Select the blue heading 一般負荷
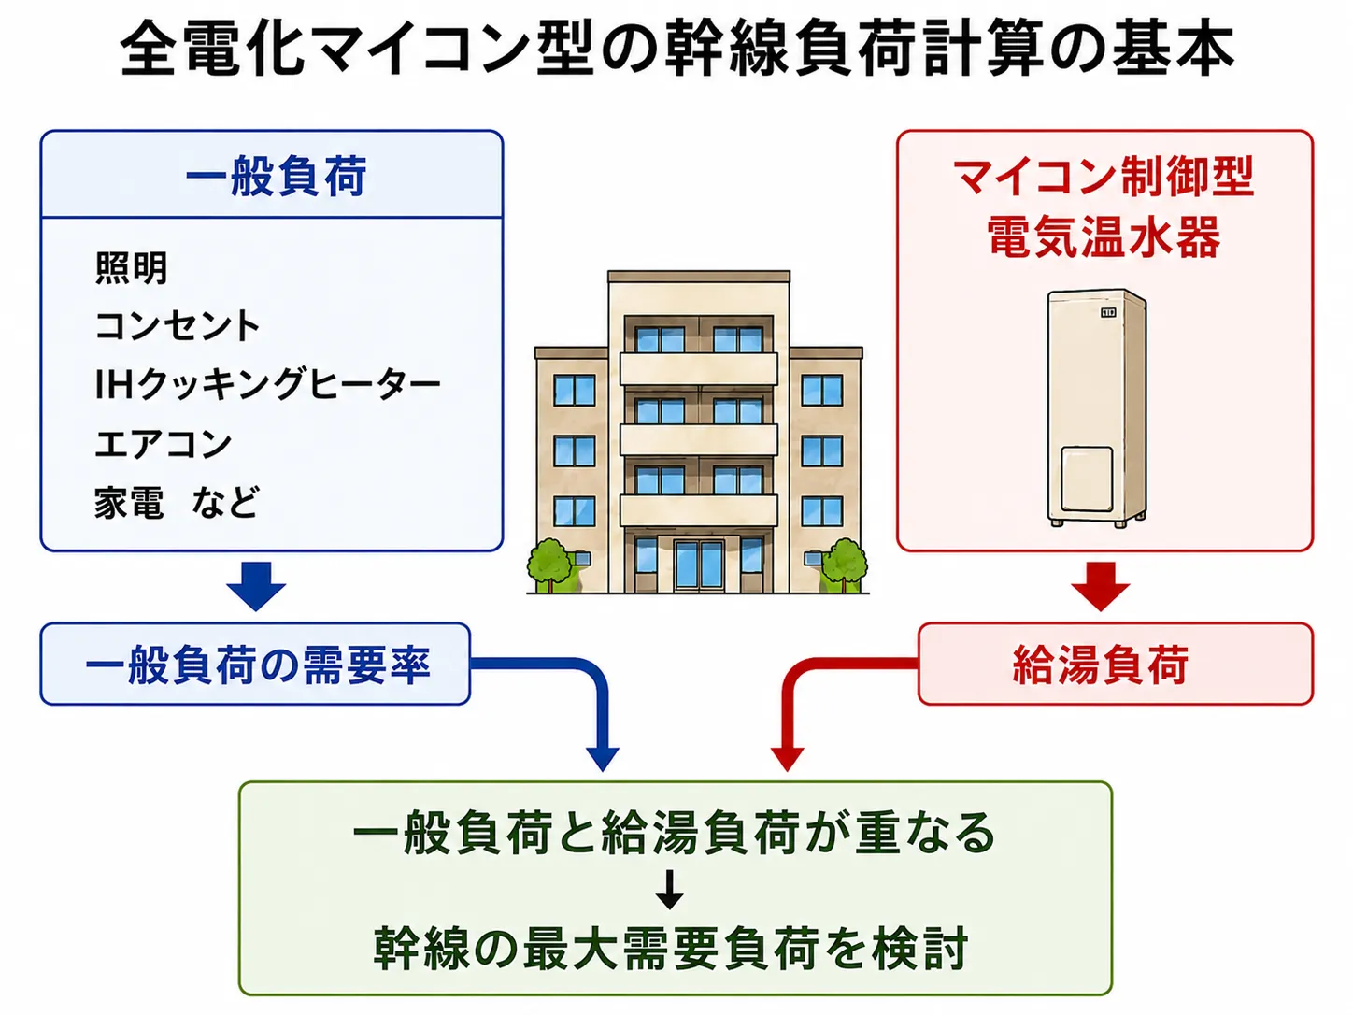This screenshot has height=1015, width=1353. (x=277, y=177)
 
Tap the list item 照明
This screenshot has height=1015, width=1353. (x=132, y=268)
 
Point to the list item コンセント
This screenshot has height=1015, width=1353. (x=178, y=325)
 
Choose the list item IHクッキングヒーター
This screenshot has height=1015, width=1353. (x=268, y=384)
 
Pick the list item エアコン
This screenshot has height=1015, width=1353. (x=164, y=443)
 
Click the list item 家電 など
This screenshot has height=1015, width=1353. (x=177, y=502)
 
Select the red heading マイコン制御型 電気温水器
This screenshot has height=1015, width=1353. (x=1104, y=207)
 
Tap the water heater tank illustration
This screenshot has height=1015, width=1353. (x=1097, y=408)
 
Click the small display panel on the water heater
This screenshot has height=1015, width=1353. (x=1108, y=312)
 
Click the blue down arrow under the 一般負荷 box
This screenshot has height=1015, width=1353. (x=256, y=585)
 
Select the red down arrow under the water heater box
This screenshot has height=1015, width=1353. (x=1101, y=585)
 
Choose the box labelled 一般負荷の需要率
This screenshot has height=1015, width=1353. (x=255, y=664)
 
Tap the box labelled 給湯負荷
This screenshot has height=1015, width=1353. (x=1116, y=664)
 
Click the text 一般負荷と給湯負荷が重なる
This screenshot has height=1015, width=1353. (x=675, y=833)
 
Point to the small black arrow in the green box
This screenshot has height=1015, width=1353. (x=669, y=889)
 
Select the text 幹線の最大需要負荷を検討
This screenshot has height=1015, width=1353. (x=671, y=948)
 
